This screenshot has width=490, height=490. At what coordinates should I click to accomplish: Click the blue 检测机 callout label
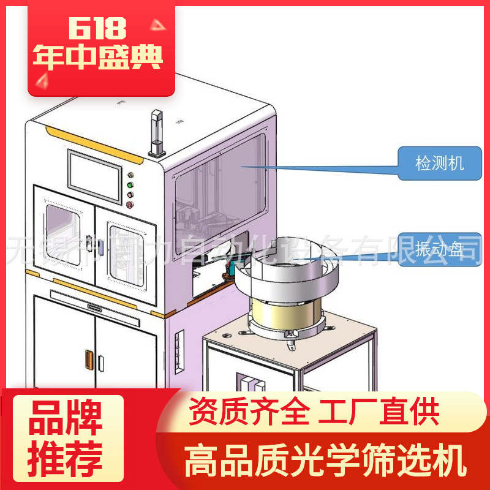439,164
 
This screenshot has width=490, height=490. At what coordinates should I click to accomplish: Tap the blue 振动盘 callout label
439,250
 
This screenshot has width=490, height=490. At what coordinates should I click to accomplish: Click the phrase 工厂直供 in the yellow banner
378,412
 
